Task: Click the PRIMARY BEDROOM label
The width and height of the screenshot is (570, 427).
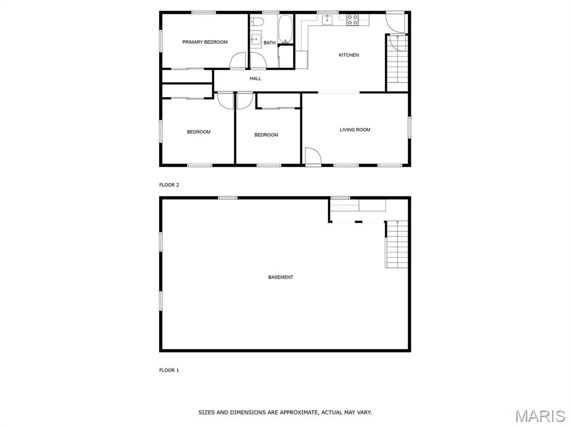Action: pyautogui.click(x=205, y=42)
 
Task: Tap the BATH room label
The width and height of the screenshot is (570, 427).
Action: pyautogui.click(x=269, y=43)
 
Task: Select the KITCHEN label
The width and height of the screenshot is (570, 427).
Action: pyautogui.click(x=348, y=55)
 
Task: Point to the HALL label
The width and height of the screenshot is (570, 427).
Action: pyautogui.click(x=255, y=78)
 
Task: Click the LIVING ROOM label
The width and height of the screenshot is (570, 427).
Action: pyautogui.click(x=355, y=130)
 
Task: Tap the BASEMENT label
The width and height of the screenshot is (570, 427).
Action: pyautogui.click(x=281, y=277)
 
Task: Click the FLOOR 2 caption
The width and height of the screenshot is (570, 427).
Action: pyautogui.click(x=169, y=185)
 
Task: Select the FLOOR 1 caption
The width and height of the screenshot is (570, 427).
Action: pyautogui.click(x=169, y=370)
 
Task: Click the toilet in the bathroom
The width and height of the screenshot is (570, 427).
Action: pyautogui.click(x=257, y=22)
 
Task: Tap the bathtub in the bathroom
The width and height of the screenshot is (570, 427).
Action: pyautogui.click(x=286, y=29)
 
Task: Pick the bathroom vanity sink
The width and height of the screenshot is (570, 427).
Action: pyautogui.click(x=256, y=38)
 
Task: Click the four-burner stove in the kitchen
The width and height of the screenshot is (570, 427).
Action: pyautogui.click(x=352, y=19)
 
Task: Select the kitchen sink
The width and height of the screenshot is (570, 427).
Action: pyautogui.click(x=327, y=19)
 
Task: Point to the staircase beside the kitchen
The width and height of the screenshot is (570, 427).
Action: pyautogui.click(x=397, y=63)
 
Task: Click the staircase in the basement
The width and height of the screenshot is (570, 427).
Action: pyautogui.click(x=396, y=245)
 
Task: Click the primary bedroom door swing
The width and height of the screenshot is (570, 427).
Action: pyautogui.click(x=238, y=60)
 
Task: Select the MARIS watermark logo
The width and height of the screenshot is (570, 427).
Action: pyautogui.click(x=539, y=416)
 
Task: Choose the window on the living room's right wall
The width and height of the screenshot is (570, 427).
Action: pyautogui.click(x=409, y=127)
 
